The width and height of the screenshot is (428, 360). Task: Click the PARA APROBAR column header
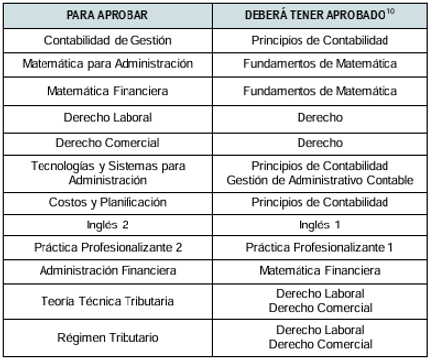pos(109,17)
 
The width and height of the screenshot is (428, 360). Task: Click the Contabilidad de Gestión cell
pos(109,40)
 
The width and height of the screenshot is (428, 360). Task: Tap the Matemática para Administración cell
pos(109,65)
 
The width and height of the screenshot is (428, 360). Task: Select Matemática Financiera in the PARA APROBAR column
pos(109,91)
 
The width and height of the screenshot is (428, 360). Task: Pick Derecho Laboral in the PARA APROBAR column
pos(109,117)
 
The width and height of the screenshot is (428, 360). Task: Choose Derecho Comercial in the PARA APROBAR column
pos(109,142)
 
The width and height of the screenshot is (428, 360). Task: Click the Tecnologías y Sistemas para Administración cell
pos(109,173)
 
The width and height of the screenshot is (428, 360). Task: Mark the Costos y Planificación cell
pos(109,202)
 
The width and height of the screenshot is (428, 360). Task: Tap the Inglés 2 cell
pos(109,225)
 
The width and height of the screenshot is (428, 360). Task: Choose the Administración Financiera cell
pos(109,270)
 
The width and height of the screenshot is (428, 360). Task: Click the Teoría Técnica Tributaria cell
pos(109,301)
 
